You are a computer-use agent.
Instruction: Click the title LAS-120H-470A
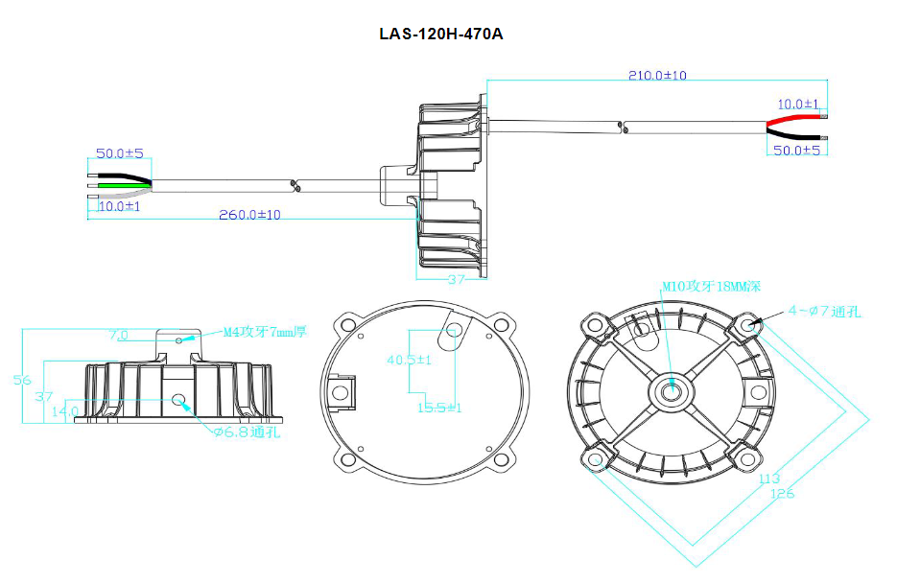click(441, 35)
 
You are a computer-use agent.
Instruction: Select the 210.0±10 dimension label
click(657, 75)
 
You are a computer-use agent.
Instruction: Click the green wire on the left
click(121, 183)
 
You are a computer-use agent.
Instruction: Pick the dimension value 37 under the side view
click(456, 279)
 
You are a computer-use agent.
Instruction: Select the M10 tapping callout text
click(711, 286)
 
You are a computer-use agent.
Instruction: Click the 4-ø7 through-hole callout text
click(824, 311)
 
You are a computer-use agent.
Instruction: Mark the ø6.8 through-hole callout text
click(247, 432)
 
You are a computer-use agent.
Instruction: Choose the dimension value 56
click(21, 380)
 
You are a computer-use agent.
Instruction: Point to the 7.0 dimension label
click(119, 336)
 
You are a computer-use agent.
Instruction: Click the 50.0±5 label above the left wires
click(120, 153)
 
